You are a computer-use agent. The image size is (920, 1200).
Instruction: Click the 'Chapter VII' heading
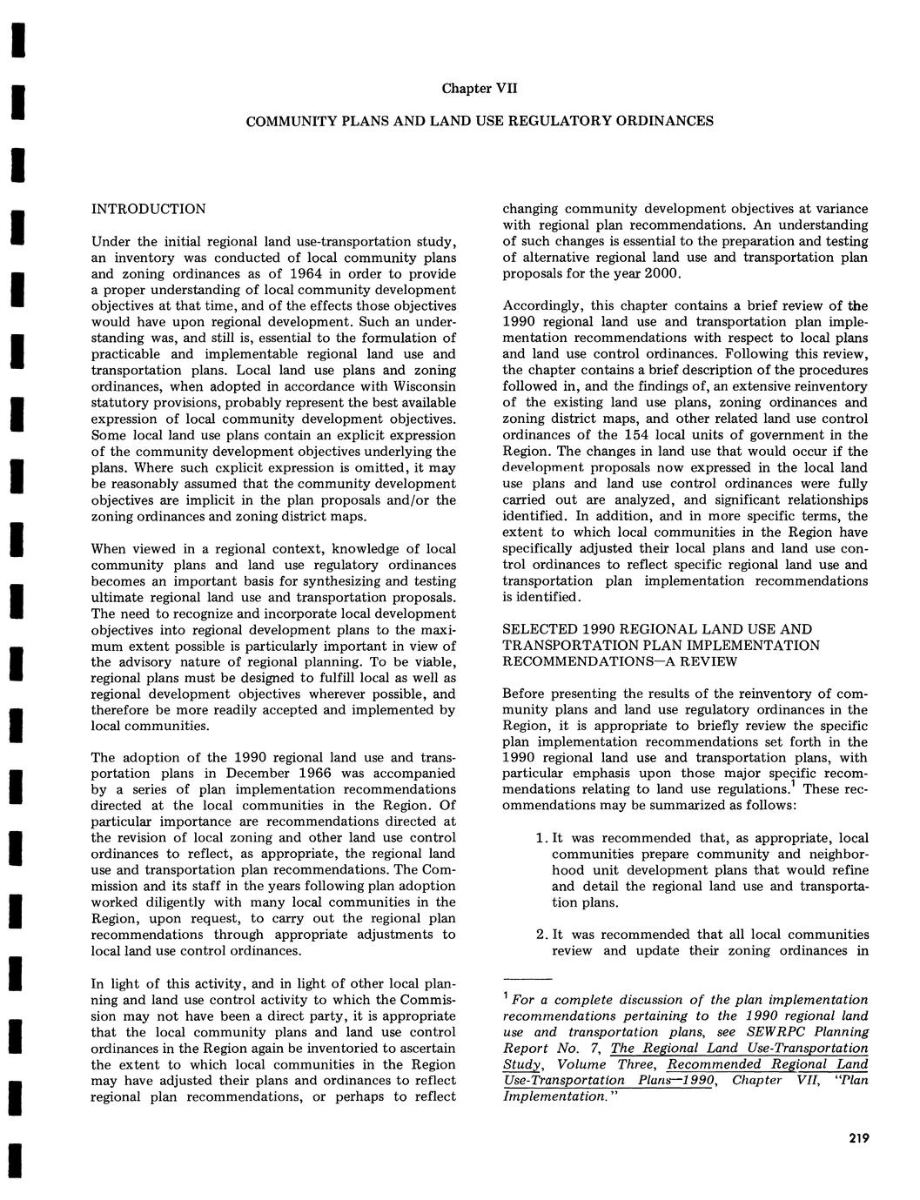(480, 89)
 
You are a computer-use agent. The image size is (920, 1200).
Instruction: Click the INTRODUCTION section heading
(148, 209)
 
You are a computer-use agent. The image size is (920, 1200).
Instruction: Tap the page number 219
(856, 1137)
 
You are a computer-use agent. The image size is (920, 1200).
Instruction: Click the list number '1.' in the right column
(540, 838)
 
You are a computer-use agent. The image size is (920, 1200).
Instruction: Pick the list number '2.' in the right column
(540, 935)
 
